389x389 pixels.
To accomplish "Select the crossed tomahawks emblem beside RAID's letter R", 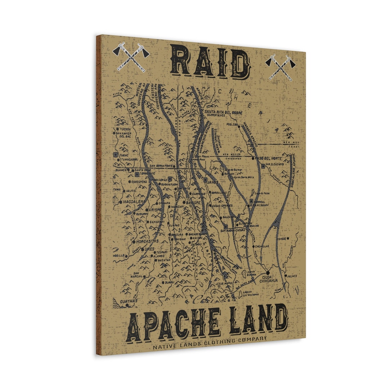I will tap(131, 57).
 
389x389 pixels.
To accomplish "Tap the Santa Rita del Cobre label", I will tap(223, 112).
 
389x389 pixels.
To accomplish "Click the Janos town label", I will tap(213, 182).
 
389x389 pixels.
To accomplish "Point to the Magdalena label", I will tap(134, 202).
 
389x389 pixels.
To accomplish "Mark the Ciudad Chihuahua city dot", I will tap(268, 272).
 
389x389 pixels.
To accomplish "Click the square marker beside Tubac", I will tap(115, 155).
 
